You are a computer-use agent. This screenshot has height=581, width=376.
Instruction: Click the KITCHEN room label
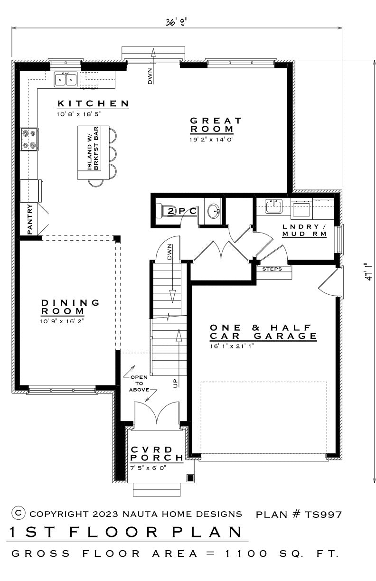pyautogui.click(x=93, y=103)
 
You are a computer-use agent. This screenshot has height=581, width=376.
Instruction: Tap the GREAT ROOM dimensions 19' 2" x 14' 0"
pyautogui.click(x=211, y=140)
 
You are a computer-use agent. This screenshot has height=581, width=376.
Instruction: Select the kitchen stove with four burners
pyautogui.click(x=29, y=139)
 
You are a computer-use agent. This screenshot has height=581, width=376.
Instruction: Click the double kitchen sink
pyautogui.click(x=66, y=79)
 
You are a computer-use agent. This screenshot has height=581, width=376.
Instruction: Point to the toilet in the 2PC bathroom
pyautogui.click(x=162, y=210)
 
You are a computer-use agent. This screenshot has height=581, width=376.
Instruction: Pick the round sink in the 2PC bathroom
pyautogui.click(x=214, y=211)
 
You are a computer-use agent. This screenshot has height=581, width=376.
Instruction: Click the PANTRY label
pyautogui.click(x=30, y=219)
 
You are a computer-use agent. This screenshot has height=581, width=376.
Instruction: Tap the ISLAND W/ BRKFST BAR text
pyautogui.click(x=93, y=148)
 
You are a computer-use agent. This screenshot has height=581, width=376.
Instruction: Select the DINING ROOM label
pyautogui.click(x=70, y=307)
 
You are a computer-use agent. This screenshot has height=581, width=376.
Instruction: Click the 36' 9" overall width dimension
pyautogui.click(x=177, y=22)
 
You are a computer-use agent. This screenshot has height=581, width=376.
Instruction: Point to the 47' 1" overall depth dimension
pyautogui.click(x=368, y=272)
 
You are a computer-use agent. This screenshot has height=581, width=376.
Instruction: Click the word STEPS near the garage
pyautogui.click(x=272, y=269)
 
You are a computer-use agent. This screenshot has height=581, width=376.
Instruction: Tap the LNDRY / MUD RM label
pyautogui.click(x=304, y=230)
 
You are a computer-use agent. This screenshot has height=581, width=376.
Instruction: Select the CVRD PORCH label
pyautogui.click(x=157, y=454)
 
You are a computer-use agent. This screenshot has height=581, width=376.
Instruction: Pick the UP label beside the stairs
pyautogui.click(x=176, y=383)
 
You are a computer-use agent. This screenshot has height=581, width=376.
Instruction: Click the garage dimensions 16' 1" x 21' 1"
pyautogui.click(x=232, y=346)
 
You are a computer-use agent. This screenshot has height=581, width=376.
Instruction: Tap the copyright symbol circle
pyautogui.click(x=19, y=513)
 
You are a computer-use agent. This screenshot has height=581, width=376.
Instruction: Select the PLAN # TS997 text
pyautogui.click(x=299, y=514)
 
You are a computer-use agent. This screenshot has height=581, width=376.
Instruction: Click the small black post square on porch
pyautogui.click(x=190, y=478)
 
